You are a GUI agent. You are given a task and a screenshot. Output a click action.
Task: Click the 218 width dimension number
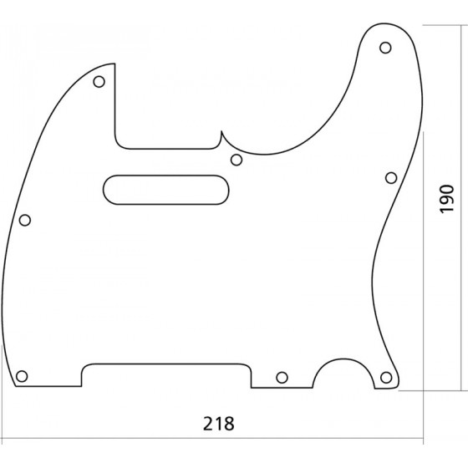tap(219, 423)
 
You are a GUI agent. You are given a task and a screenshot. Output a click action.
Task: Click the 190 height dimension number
tap(447, 199)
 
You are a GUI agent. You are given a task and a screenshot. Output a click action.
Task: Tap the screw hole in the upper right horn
tap(385, 48)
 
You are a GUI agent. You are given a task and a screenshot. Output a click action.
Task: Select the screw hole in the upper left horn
tap(99, 82)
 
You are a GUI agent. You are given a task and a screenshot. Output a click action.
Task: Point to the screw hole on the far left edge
tap(25, 221)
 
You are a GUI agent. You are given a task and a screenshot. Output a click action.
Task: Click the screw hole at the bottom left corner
tap(22, 376)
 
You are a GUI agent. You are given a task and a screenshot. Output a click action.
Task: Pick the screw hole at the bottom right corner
tap(386, 378)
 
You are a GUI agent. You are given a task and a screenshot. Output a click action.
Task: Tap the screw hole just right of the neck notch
tap(237, 160)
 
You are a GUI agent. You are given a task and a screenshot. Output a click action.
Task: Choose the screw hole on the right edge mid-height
tap(391, 178)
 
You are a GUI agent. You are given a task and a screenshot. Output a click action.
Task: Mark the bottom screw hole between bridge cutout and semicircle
tap(282, 378)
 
